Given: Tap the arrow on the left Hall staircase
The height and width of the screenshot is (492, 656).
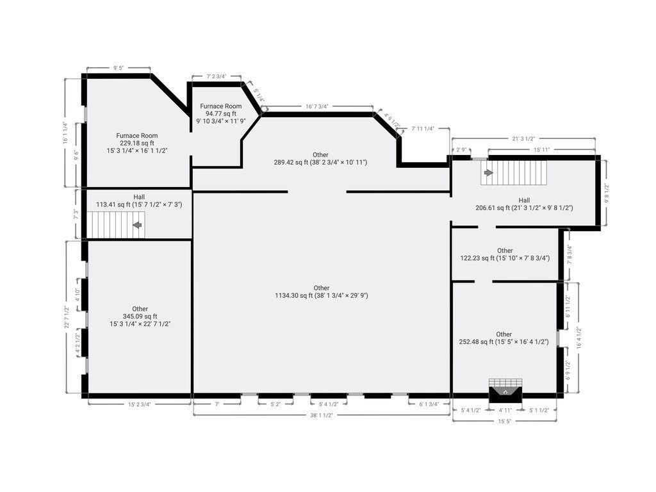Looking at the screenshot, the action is [x=137, y=225].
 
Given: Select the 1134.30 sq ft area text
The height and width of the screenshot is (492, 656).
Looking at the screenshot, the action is [x=322, y=295].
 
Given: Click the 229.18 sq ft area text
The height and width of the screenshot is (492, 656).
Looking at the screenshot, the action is [x=137, y=143].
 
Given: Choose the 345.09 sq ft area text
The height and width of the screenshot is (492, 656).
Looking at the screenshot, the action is [x=140, y=316].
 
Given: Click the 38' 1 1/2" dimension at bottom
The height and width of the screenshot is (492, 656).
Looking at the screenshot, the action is [x=322, y=415].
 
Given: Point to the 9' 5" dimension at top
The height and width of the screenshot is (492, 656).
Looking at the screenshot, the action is [x=119, y=68].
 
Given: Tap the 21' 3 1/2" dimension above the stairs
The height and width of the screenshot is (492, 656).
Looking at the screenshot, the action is [x=524, y=138].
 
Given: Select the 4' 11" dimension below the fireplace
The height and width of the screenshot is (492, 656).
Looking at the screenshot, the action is [x=505, y=411].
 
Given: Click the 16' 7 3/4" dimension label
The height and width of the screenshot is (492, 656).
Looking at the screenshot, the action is [x=316, y=107].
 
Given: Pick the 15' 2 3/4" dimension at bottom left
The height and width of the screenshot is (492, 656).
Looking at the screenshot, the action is [x=139, y=405].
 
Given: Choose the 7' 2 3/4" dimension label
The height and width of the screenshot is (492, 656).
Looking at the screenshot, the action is [x=217, y=77].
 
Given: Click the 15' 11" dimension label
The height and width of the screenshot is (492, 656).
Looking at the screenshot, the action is [x=541, y=150].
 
